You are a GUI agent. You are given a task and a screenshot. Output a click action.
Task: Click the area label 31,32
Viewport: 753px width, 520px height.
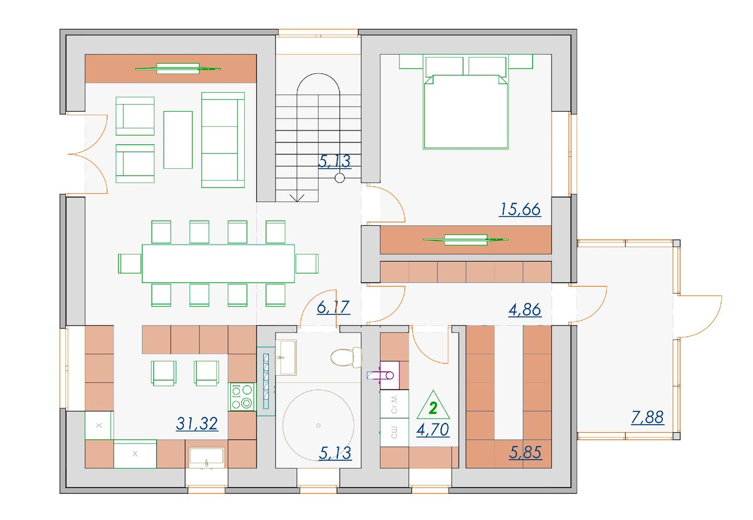tap(197, 424)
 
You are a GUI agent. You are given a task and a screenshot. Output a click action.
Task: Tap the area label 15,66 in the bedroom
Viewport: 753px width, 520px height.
tap(520, 210)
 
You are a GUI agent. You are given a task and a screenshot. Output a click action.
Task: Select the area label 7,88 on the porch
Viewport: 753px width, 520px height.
tap(648, 418)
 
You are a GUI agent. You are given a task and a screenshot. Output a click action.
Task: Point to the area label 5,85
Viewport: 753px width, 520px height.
tap(525, 452)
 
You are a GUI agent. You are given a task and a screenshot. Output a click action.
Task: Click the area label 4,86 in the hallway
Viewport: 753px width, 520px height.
tap(525, 310)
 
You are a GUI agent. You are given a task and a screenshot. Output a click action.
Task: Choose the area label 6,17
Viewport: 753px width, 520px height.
tap(333, 307)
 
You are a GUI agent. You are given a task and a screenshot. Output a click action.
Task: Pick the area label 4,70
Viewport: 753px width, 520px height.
tap(432, 430)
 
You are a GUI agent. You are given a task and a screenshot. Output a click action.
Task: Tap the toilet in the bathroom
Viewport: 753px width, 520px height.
tap(346, 357)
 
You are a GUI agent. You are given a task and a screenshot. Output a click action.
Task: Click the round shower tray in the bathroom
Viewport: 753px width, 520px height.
tap(318, 425)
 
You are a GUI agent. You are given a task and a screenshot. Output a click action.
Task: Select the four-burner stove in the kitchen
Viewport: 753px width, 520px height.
tap(242, 396)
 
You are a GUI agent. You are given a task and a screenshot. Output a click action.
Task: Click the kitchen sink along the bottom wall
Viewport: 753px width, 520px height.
tap(206, 457)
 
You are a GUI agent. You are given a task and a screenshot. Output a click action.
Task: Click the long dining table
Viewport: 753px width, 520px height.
tap(218, 263)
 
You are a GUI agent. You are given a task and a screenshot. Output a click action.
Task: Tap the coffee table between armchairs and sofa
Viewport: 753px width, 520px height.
tap(178, 140)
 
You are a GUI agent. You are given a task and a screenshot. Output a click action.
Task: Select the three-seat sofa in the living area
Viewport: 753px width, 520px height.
tap(223, 140)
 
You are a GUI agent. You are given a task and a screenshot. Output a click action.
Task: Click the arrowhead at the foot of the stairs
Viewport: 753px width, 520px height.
tap(297, 198)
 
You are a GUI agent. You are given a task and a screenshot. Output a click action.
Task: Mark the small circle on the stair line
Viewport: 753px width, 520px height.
tap(340, 178)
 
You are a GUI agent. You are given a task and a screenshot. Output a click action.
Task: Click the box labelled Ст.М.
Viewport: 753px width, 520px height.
tap(394, 404)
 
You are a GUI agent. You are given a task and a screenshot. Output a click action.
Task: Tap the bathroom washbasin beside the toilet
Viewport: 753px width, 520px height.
tap(286, 357)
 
